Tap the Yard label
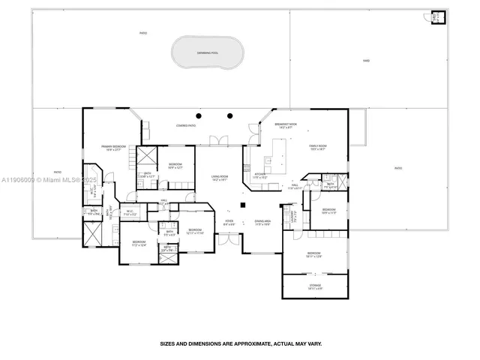pyautogui.click(x=366, y=61)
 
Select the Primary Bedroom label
pyautogui.click(x=113, y=148)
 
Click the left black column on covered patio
pyautogui.click(x=199, y=115)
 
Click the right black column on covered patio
pyautogui.click(x=230, y=115)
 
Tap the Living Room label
pyautogui.click(x=220, y=178)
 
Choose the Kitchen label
pyautogui.click(x=259, y=177)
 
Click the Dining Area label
pyautogui.click(x=262, y=222)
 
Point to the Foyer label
pyautogui.click(x=229, y=222)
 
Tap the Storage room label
pyautogui.click(x=315, y=286)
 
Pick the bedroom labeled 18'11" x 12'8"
pyautogui.click(x=315, y=256)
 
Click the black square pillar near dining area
pyautogui.click(x=243, y=205)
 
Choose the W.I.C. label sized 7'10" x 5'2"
pyautogui.click(x=130, y=213)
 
